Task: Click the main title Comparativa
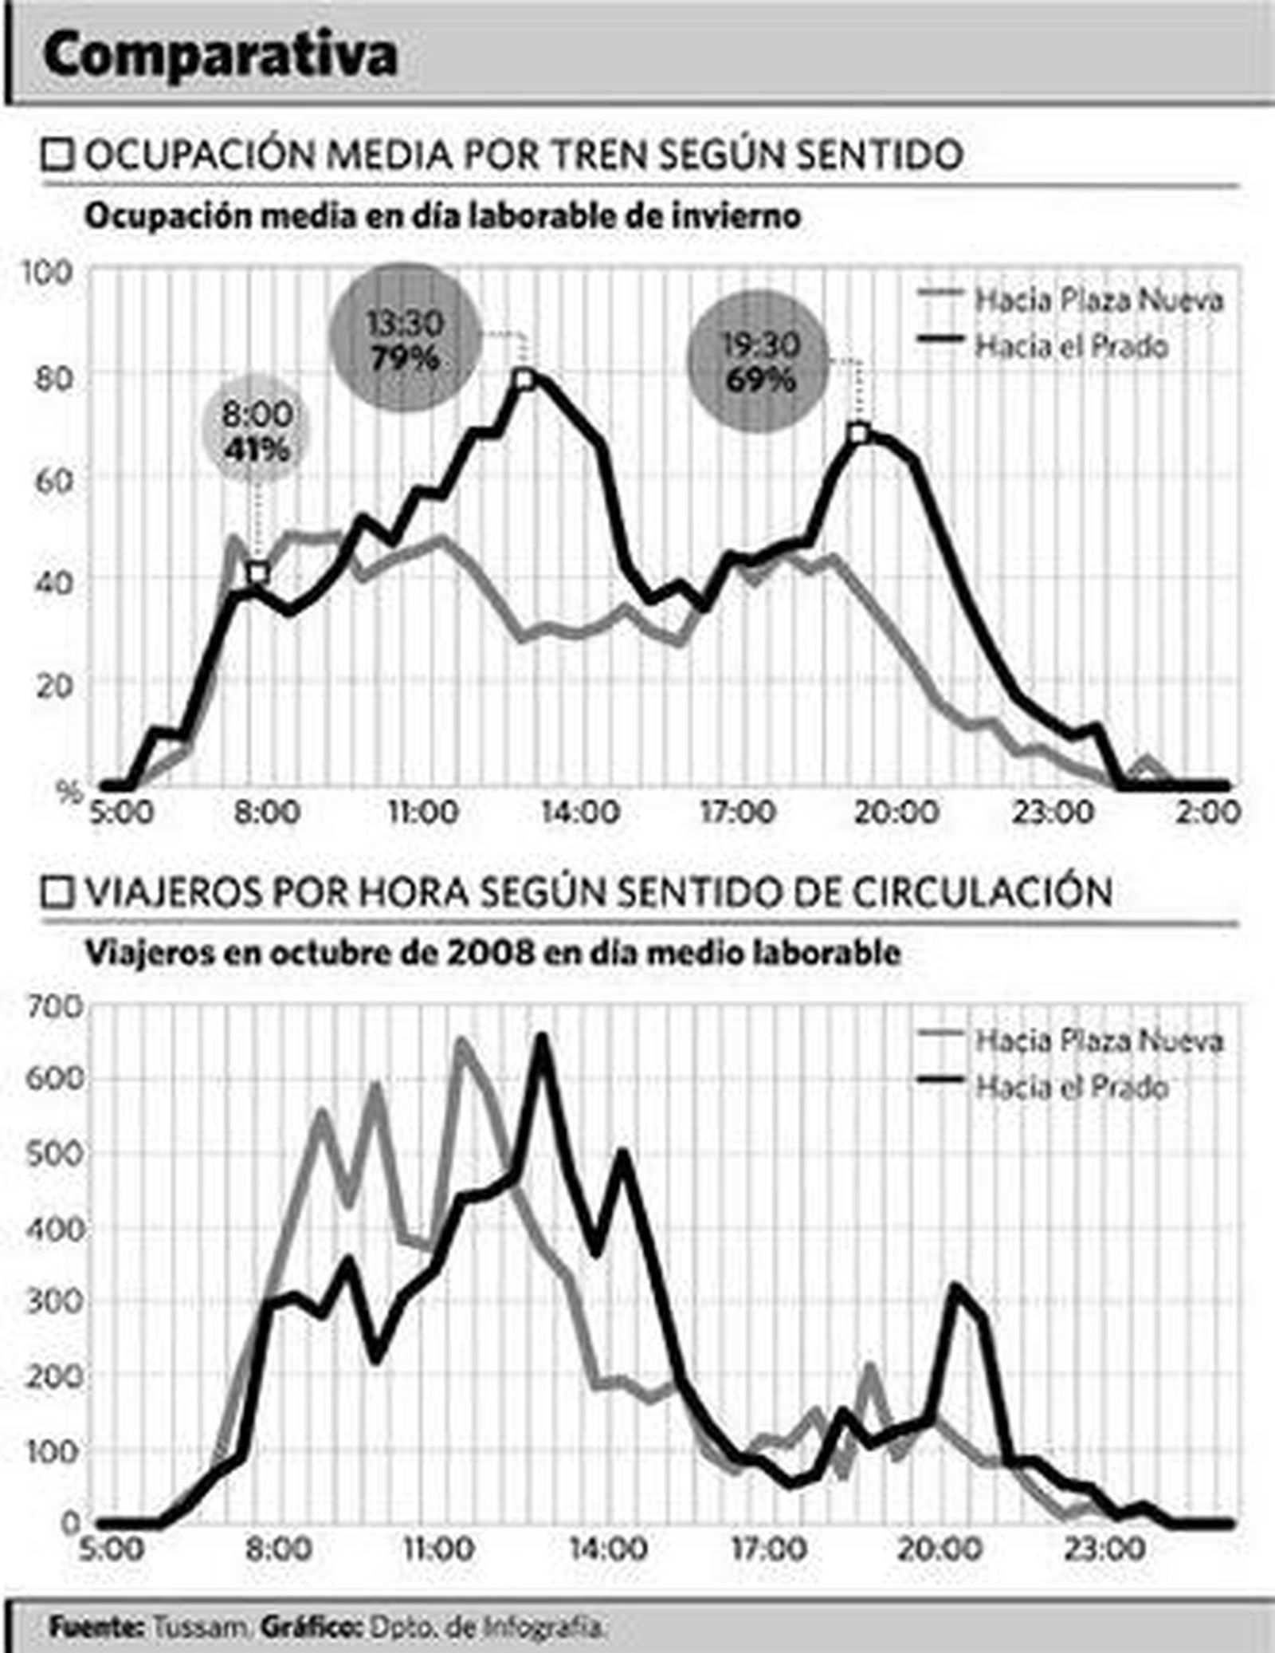point(220,55)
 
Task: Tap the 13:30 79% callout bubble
point(406,340)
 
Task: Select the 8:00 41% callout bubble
point(257,431)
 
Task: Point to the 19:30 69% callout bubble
point(759,362)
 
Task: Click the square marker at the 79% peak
point(524,380)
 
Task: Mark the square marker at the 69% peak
point(857,434)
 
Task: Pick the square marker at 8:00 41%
point(257,573)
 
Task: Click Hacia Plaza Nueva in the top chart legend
point(1098,301)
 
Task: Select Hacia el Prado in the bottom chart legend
point(1072,1087)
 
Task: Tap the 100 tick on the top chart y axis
point(47,273)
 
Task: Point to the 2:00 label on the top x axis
point(1207,813)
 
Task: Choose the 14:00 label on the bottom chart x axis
point(607,1549)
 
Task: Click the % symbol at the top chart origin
point(69,793)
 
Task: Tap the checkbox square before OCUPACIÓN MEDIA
point(57,155)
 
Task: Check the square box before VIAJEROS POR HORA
point(57,892)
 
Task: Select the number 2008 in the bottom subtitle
point(490,953)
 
